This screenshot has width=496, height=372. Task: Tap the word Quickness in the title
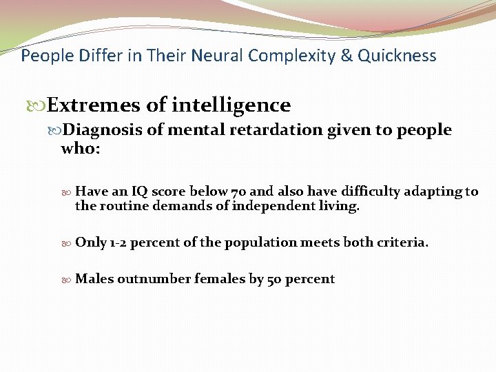pos(401,56)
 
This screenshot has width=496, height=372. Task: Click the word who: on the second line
pos(81,148)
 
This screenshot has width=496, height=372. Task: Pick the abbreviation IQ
pos(139,192)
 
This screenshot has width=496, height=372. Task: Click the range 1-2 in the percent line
pos(118,242)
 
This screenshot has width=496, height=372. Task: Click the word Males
pos(94,279)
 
